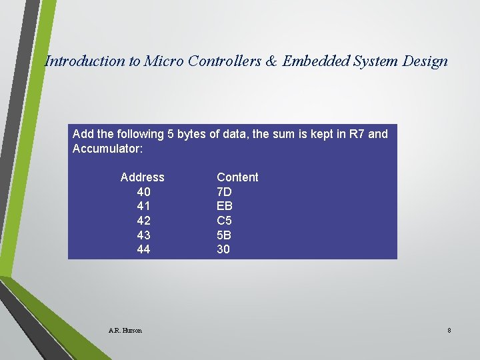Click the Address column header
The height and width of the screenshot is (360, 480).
(142, 177)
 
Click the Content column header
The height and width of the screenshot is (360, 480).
(237, 177)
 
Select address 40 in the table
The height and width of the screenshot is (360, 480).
(143, 192)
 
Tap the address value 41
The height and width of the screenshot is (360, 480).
(143, 206)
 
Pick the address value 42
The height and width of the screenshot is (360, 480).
(143, 221)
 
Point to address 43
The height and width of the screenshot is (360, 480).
(143, 235)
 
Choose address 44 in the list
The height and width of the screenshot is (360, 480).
(143, 249)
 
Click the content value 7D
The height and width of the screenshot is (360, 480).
(225, 192)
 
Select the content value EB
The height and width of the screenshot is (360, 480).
(225, 206)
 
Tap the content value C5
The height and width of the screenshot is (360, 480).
(225, 221)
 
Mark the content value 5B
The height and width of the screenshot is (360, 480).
(225, 235)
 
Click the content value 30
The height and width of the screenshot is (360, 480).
(223, 249)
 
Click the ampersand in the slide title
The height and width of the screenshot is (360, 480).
(271, 61)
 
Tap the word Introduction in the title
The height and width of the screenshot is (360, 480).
(85, 61)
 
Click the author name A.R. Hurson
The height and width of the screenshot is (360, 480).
(125, 330)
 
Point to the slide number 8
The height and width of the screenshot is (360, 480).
(449, 330)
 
